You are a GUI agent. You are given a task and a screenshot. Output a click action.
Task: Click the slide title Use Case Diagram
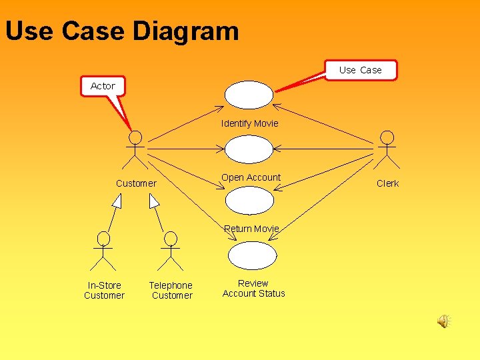click(122, 31)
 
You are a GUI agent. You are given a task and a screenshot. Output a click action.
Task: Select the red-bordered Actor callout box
click(103, 86)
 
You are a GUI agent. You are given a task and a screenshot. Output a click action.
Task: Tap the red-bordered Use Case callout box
click(361, 70)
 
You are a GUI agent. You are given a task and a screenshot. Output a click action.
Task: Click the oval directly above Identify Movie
click(249, 95)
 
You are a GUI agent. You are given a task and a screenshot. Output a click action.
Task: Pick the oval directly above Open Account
click(249, 149)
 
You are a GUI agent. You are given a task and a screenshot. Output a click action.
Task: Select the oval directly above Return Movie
click(249, 201)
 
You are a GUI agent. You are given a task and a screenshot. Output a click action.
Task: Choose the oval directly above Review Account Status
click(252, 255)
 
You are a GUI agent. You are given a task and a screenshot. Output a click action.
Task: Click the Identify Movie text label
click(249, 123)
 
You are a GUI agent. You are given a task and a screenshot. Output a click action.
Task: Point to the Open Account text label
click(251, 177)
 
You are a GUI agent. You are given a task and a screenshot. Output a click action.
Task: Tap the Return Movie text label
click(251, 229)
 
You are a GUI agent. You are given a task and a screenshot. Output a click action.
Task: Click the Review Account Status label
click(253, 288)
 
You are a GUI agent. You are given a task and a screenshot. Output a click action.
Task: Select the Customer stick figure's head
click(135, 137)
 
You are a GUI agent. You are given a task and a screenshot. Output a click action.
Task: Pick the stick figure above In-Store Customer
click(103, 250)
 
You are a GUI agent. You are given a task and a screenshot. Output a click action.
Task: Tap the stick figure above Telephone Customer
click(171, 250)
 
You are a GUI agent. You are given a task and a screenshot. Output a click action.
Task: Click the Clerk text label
click(387, 183)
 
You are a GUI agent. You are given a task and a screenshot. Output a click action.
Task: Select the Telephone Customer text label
click(171, 290)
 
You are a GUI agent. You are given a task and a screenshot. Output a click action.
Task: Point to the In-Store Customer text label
click(104, 290)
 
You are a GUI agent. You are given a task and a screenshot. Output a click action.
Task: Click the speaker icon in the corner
click(443, 322)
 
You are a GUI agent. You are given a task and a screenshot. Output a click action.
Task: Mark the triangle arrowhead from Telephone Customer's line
click(154, 201)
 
